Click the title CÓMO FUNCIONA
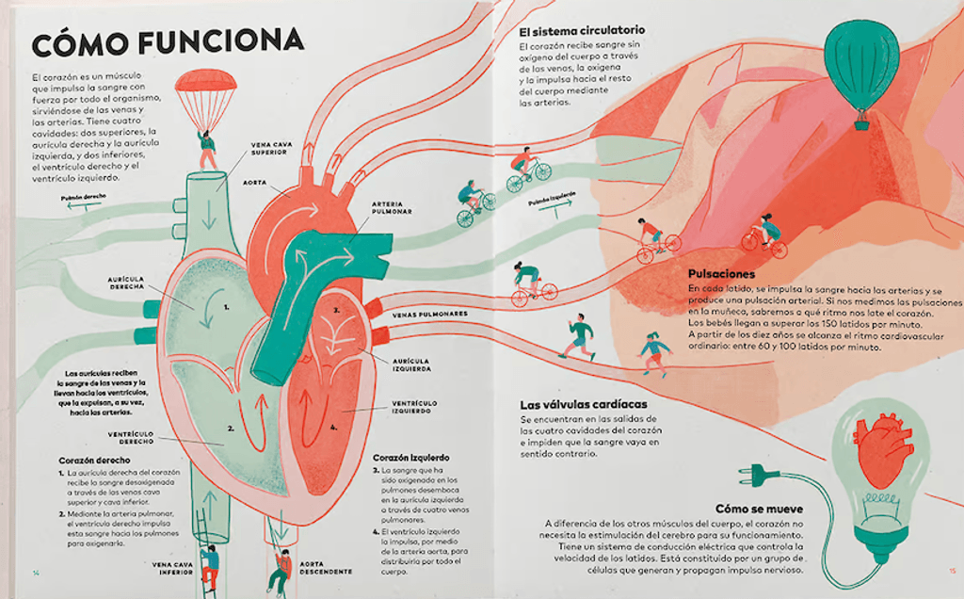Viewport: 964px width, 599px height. [168, 41]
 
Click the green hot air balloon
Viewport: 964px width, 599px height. [860, 58]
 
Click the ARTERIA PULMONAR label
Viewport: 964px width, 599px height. [392, 207]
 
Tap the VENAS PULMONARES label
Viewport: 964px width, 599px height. [429, 314]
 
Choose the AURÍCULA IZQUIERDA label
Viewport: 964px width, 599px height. [410, 364]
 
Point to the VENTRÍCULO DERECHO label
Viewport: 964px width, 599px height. [131, 437]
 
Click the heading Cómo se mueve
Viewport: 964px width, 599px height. [759, 508]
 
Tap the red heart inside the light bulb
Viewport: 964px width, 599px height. [881, 446]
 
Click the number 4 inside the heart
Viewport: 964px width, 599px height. [333, 427]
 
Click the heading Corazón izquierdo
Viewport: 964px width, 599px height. [411, 457]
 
